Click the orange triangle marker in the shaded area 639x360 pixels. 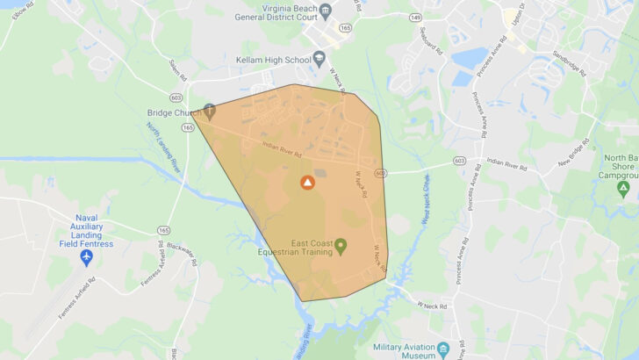[x=307, y=183]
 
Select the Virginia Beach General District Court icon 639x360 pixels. [x=326, y=11]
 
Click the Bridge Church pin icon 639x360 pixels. [x=209, y=111]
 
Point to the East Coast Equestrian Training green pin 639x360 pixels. [x=341, y=244]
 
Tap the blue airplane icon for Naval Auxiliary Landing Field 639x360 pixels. [x=86, y=256]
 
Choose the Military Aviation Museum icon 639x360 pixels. [x=444, y=349]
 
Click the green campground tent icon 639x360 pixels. [x=623, y=188]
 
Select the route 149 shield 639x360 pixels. [x=415, y=17]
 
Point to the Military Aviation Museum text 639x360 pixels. [x=399, y=349]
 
